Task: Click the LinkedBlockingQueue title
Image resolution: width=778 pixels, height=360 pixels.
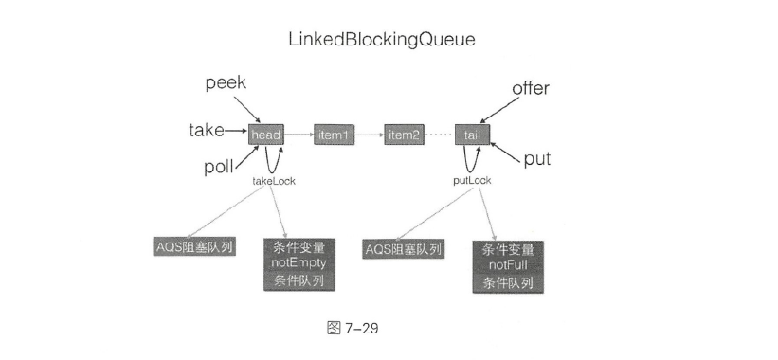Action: tap(382, 40)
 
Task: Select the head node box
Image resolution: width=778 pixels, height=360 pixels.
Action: tap(266, 135)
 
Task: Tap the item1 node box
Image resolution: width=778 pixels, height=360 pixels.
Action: tap(335, 135)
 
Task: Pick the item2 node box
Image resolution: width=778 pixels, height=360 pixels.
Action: tap(405, 135)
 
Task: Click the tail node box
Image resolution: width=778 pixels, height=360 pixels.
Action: tap(472, 135)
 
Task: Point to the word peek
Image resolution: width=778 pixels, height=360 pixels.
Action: tap(226, 82)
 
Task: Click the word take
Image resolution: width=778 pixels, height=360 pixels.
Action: tap(207, 131)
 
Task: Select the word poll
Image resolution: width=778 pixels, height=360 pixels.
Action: tap(219, 167)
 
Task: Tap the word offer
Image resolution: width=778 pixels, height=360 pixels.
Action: tap(531, 88)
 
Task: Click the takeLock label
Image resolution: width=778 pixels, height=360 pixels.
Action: tap(274, 181)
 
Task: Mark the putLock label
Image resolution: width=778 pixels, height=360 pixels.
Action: tap(472, 181)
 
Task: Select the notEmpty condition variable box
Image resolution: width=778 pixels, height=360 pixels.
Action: tap(299, 264)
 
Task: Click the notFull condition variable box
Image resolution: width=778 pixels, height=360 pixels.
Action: tap(508, 267)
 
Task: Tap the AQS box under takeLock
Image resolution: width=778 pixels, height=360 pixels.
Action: tap(194, 246)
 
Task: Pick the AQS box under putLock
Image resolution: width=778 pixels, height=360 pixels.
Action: tap(403, 249)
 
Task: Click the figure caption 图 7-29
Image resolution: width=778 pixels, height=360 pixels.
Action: tap(353, 328)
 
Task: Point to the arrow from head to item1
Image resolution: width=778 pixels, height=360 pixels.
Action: tap(299, 135)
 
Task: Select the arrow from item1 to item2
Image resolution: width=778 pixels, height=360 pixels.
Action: tap(370, 135)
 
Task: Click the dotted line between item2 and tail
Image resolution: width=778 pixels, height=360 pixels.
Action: tap(440, 135)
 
